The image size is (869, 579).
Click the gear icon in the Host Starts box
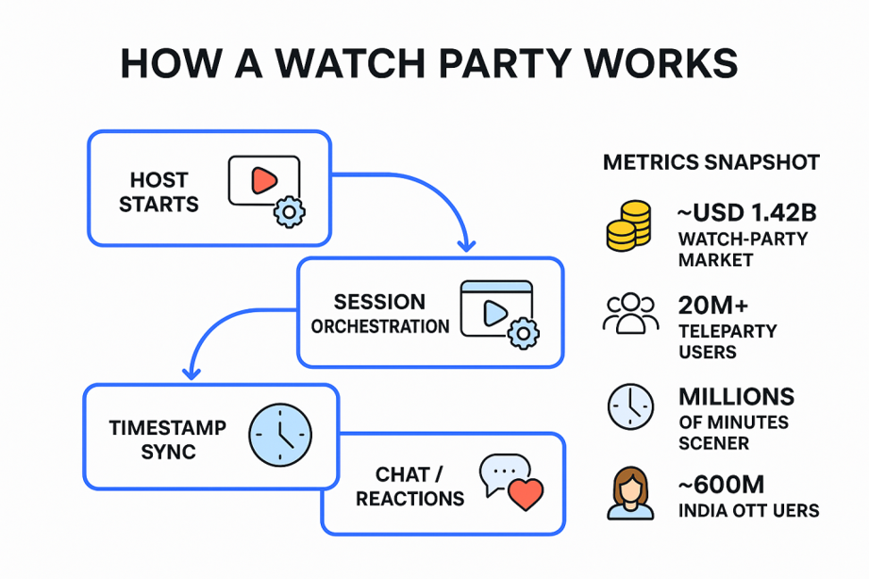pos(288,211)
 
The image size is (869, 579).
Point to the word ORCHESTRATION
pos(380,327)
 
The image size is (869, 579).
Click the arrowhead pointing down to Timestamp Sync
pos(191,372)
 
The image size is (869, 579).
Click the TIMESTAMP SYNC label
pos(168,438)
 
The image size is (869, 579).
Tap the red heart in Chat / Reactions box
pos(526,493)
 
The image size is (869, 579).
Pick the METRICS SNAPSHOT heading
pos(711,163)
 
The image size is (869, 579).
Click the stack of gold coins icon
pos(628,225)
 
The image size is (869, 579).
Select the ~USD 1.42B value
pos(746,214)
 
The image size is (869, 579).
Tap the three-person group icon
pos(629,314)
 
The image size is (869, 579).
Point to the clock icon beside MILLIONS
pos(629,406)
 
